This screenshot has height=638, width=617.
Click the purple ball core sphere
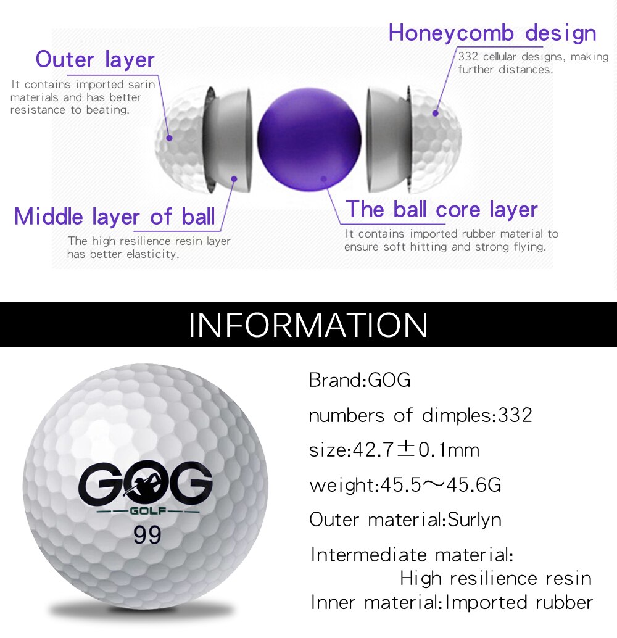[308, 139]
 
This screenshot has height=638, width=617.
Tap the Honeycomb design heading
[492, 33]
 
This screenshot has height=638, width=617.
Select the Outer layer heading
[95, 60]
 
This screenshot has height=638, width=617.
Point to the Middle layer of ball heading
[115, 217]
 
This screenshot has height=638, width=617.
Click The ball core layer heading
[441, 210]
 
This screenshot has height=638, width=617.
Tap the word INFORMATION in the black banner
[308, 325]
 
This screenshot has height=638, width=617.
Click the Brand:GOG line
[360, 380]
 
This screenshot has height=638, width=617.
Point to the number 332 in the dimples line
[515, 415]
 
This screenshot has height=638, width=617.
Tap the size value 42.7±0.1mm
[416, 450]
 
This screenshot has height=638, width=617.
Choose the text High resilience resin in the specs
[495, 578]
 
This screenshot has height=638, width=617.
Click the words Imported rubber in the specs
[519, 602]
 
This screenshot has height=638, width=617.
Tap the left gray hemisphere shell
[228, 139]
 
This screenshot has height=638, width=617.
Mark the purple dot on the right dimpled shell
[435, 113]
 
